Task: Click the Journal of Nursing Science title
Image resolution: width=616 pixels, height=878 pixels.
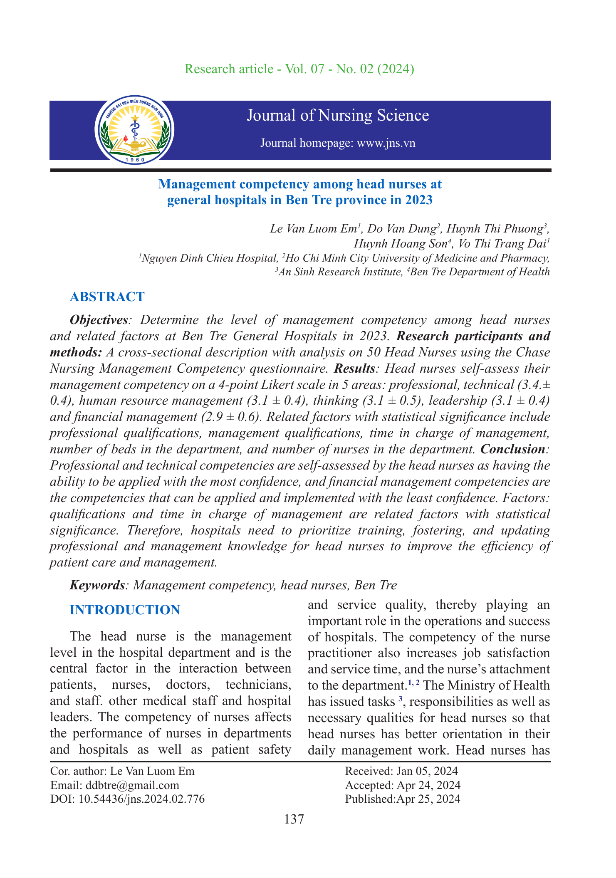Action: coord(338,115)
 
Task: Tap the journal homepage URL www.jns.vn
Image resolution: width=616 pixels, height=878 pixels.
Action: coord(386,143)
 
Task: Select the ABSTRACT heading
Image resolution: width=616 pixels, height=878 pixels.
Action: coord(107,297)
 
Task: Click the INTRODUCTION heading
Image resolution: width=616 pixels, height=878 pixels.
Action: coord(125,610)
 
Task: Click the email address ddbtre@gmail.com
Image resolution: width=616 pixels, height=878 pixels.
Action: coord(132,785)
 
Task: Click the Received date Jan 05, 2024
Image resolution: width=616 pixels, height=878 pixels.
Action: coord(427,771)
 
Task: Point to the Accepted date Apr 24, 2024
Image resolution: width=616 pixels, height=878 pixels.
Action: coord(428,785)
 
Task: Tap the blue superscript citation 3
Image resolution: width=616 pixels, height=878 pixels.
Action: coord(400,700)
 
